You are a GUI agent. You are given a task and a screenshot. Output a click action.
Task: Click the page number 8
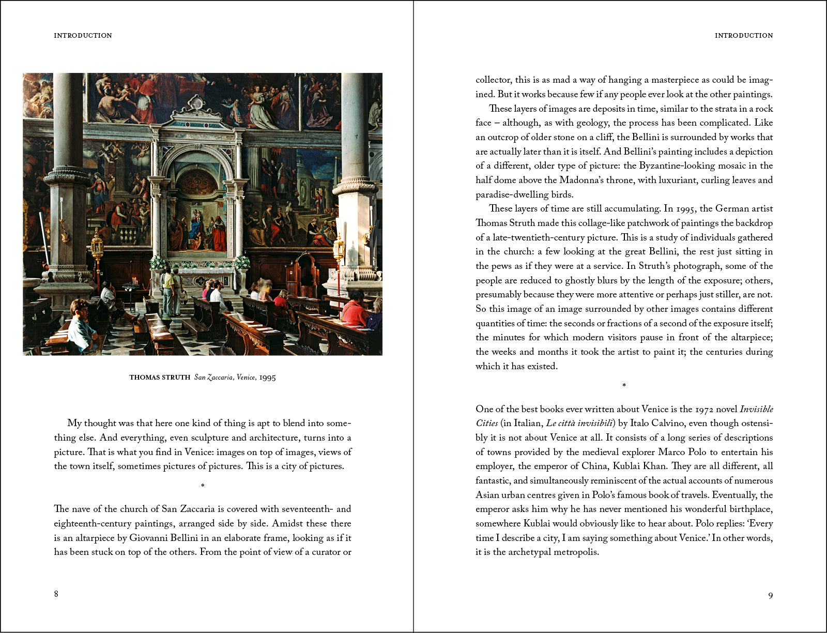pos(56,594)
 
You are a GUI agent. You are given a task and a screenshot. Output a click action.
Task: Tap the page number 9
pos(770,596)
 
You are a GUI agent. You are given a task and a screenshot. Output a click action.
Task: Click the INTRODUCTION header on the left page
pos(83,36)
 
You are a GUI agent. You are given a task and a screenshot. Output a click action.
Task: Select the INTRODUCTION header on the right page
pos(744,36)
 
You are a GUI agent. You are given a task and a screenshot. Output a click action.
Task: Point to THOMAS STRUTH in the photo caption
pos(160,378)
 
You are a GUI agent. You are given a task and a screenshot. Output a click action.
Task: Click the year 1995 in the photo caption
pos(267,378)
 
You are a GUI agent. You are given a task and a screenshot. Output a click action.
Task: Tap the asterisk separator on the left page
pos(203,486)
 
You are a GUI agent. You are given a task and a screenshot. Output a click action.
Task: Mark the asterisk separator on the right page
pos(624,385)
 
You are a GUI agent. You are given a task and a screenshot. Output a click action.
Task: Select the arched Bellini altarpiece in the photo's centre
pos(197,217)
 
